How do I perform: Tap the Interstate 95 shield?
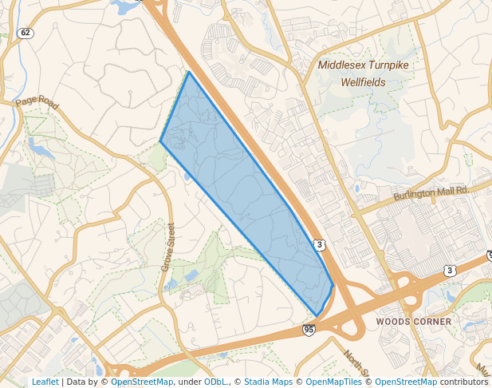point(309,329)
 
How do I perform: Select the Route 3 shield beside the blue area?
point(319,244)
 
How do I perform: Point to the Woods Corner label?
point(413,322)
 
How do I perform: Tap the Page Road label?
point(37,104)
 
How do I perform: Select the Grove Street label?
point(168,247)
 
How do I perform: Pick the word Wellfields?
point(362,81)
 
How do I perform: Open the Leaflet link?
point(45,382)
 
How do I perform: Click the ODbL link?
point(215,382)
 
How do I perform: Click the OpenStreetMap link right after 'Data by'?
point(142,382)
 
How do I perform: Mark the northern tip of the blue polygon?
point(188,73)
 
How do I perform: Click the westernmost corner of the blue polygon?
point(160,142)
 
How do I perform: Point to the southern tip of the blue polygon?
point(317,316)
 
